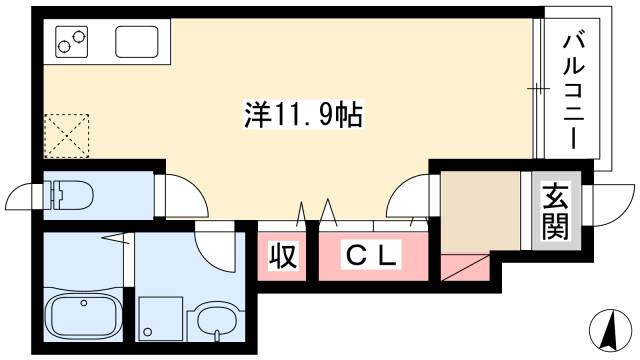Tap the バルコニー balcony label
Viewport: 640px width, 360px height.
tap(574, 90)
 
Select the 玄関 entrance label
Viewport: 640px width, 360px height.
tap(555, 213)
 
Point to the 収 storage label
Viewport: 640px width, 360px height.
tap(284, 256)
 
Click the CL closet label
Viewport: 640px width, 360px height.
tap(372, 256)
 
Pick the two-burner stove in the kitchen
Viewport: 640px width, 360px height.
tap(71, 42)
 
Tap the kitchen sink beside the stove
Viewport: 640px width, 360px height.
tap(136, 42)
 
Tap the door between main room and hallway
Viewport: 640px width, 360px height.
tap(410, 195)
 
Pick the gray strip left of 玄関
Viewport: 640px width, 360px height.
tap(527, 210)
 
